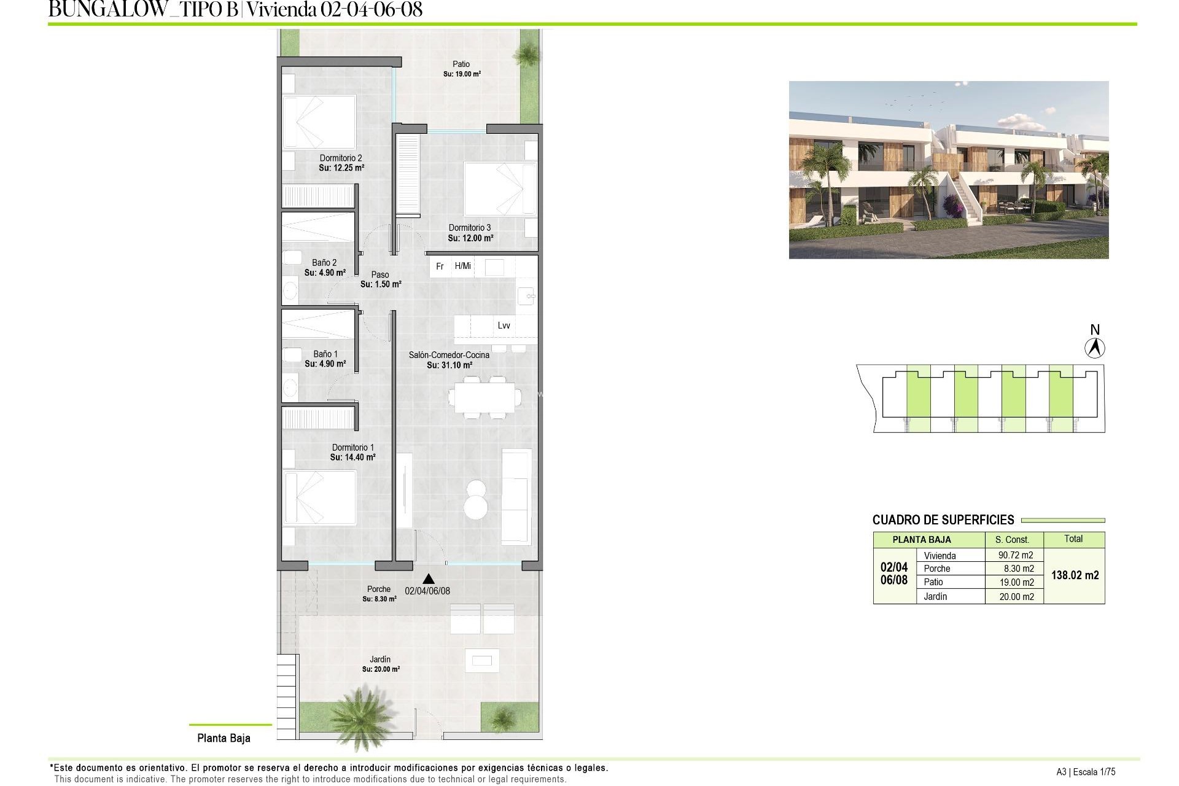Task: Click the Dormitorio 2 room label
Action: [341, 158]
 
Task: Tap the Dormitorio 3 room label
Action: [470, 228]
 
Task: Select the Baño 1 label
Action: [325, 354]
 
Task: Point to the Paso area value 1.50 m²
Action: [381, 284]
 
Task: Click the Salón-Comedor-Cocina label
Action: [449, 355]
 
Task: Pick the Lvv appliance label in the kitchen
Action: [504, 325]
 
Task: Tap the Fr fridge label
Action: [440, 267]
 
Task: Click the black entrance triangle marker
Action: [429, 578]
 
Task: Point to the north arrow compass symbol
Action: [1094, 348]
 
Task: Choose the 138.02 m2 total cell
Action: [1075, 575]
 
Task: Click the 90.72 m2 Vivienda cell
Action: [1016, 555]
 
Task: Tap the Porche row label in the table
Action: [936, 569]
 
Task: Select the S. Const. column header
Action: [1011, 539]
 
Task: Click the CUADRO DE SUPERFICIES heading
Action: [943, 520]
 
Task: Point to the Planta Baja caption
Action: [224, 738]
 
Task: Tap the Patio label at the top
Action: [461, 64]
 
